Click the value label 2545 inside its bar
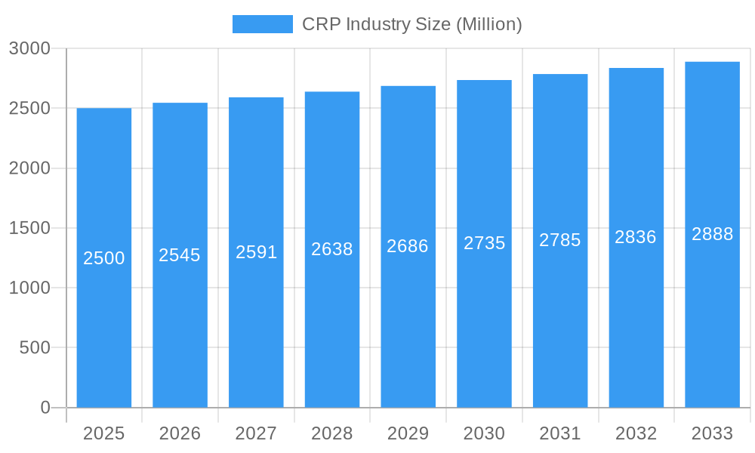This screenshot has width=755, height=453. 180,255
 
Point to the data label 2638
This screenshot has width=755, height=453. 332,249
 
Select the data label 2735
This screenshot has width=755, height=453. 484,243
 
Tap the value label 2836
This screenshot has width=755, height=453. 636,237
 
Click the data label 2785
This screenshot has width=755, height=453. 560,240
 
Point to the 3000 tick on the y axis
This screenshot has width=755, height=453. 29,48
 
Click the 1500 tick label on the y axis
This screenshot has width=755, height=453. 29,228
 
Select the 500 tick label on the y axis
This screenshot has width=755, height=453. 35,348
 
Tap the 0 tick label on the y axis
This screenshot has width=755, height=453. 45,408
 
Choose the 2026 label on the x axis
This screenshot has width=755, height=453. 180,433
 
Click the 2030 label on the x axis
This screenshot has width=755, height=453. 484,433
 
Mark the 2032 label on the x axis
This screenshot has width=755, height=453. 636,433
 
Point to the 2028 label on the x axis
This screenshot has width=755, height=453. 332,433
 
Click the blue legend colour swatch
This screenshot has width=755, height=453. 262,24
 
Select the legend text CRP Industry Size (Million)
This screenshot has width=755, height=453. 411,24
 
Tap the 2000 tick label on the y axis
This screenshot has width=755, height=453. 29,168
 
